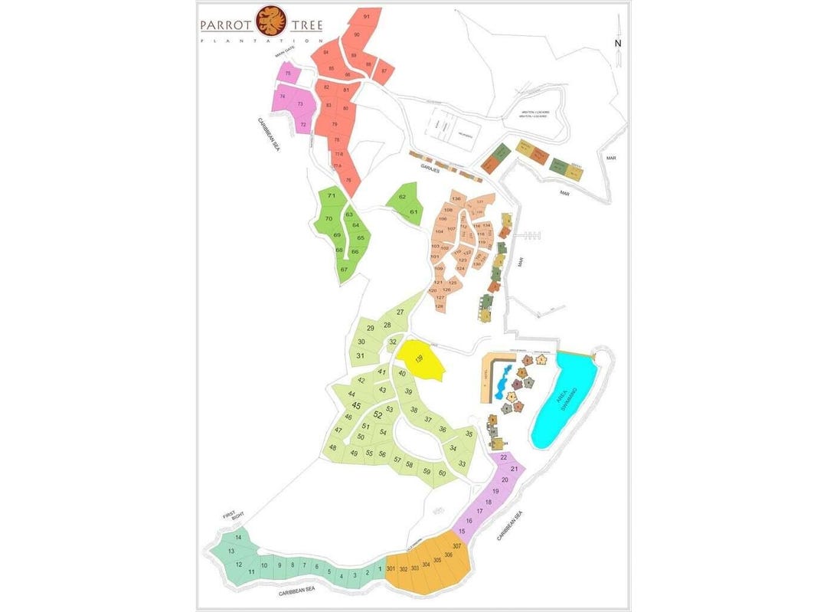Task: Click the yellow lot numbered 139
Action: click(x=419, y=359)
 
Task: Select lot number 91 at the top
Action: click(x=367, y=17)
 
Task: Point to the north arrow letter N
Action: click(x=617, y=44)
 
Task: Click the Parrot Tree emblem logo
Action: click(x=268, y=21)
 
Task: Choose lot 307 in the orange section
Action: click(x=457, y=546)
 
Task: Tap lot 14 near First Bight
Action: click(x=238, y=538)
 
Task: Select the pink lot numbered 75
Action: click(x=287, y=74)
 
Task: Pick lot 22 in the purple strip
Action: click(x=503, y=457)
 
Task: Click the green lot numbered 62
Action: click(x=403, y=198)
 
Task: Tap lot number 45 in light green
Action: click(x=356, y=406)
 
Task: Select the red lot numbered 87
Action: click(x=384, y=70)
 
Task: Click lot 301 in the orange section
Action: click(x=391, y=569)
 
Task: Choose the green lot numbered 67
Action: click(x=344, y=270)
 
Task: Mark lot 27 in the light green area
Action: click(x=400, y=313)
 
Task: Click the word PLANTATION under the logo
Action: click(x=260, y=40)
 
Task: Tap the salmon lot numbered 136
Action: click(x=456, y=199)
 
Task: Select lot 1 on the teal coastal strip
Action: click(x=380, y=569)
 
